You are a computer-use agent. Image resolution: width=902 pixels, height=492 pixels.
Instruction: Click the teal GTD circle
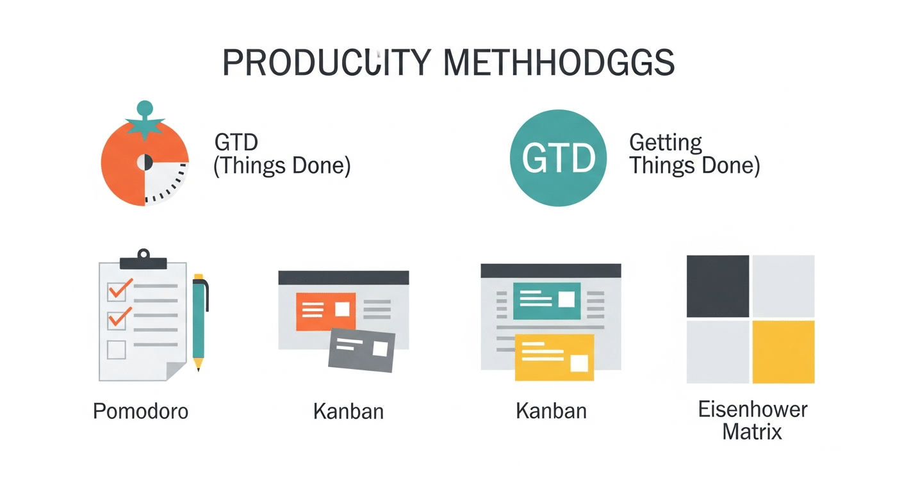coord(557,158)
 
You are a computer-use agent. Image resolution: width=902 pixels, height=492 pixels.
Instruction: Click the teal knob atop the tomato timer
coord(145,108)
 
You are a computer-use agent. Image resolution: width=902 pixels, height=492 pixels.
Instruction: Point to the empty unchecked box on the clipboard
coord(116,350)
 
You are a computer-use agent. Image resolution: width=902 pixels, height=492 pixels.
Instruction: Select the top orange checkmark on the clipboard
coord(119,289)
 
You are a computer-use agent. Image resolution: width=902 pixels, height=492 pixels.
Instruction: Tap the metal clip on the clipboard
coord(143,259)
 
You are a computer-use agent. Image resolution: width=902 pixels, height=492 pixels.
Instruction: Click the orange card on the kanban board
coord(325,311)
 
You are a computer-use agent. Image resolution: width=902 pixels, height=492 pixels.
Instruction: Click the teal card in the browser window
coord(546,300)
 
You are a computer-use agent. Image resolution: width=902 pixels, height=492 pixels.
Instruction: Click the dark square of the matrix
coord(717,286)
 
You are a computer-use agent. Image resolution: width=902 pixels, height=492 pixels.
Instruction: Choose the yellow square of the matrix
coord(783,351)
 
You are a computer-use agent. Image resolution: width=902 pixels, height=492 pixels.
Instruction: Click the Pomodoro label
coord(141,411)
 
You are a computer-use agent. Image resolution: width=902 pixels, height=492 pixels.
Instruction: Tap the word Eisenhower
coord(753,409)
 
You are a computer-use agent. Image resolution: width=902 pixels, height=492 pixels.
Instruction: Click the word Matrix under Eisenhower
coord(753,431)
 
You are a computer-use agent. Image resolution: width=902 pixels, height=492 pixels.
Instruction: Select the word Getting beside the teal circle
coord(666,142)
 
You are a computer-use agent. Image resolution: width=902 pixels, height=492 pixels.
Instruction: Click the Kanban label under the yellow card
coord(551,411)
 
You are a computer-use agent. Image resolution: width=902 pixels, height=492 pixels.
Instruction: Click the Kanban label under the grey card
coord(348,411)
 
